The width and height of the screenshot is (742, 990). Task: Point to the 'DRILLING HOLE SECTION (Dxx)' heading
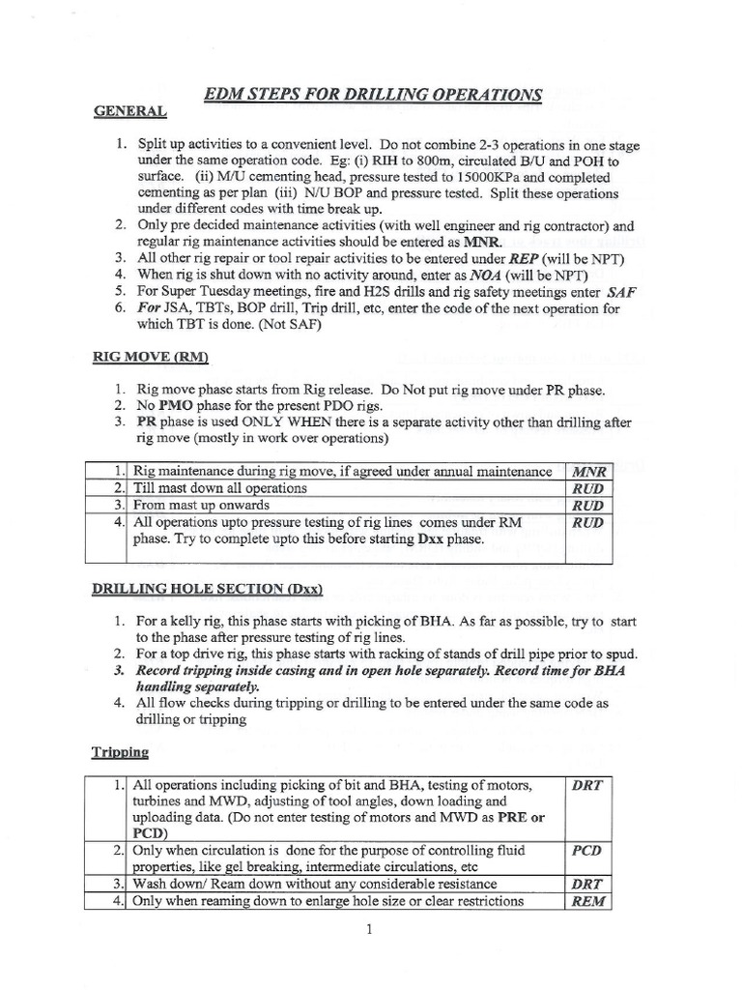[x=208, y=589]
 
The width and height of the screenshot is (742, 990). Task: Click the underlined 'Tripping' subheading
[x=122, y=749]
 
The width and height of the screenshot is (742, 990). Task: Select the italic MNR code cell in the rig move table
[x=588, y=472]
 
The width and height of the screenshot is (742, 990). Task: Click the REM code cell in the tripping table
[x=588, y=901]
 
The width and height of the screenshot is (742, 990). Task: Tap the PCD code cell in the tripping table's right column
[x=588, y=848]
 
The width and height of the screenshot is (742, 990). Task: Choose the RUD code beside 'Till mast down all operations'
[x=588, y=488]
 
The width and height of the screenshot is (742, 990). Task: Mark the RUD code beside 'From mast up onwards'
[x=588, y=505]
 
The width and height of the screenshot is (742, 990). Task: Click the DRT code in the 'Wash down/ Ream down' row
[x=588, y=884]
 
